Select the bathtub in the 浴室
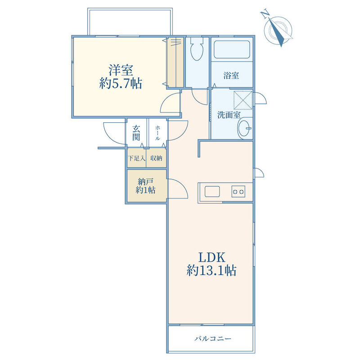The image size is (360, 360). (x=232, y=49)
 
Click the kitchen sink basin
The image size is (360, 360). (x=212, y=192)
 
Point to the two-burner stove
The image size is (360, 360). (x=238, y=192)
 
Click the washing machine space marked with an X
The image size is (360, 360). (x=243, y=100)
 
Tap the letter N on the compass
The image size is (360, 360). (x=265, y=14)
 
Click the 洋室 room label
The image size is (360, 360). (x=121, y=70)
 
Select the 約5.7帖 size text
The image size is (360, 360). (x=121, y=83)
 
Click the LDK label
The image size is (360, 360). (x=211, y=257)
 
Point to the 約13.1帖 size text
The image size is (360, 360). (x=211, y=270)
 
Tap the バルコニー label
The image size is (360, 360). (x=213, y=339)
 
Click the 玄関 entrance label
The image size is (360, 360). (x=136, y=133)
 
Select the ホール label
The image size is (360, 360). (x=158, y=133)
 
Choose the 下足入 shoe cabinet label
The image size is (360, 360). (x=137, y=158)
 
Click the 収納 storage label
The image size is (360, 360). (x=156, y=158)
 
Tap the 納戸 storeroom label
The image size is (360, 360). (x=145, y=182)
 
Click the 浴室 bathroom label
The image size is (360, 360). (x=231, y=75)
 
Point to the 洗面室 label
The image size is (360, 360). (x=229, y=115)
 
